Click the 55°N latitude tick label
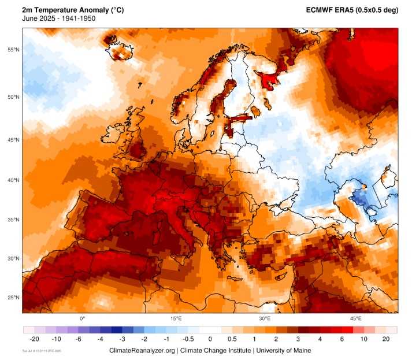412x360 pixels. pyautogui.click(x=13, y=50)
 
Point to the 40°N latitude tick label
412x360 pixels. pyautogui.click(x=13, y=180)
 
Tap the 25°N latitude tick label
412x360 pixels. pyautogui.click(x=13, y=298)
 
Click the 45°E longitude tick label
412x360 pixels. pyautogui.click(x=355, y=318)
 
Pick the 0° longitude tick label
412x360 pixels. pyautogui.click(x=82, y=318)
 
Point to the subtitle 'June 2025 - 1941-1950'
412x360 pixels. pyautogui.click(x=59, y=18)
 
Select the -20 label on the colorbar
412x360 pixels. pyautogui.click(x=34, y=339)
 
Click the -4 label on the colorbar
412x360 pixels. pyautogui.click(x=101, y=339)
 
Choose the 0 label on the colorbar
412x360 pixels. pyautogui.click(x=210, y=339)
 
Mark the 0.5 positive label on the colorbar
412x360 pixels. pyautogui.click(x=232, y=339)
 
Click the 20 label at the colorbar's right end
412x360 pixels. pyautogui.click(x=385, y=339)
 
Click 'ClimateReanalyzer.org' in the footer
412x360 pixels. pyautogui.click(x=142, y=351)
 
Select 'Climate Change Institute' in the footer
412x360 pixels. pyautogui.click(x=211, y=351)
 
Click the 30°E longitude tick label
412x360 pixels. pyautogui.click(x=265, y=318)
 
